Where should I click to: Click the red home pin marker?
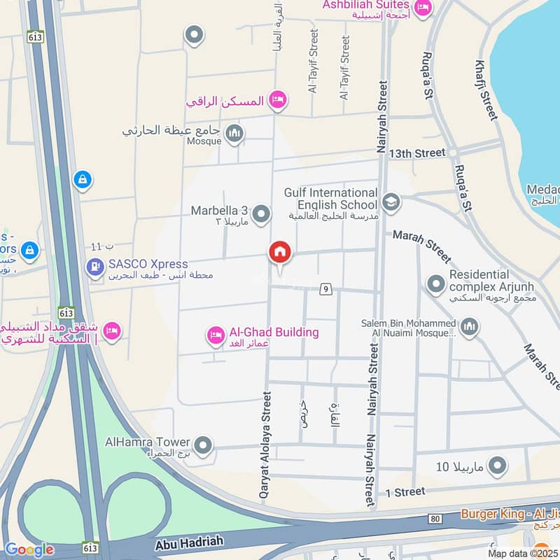point(279,252)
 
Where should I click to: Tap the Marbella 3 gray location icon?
point(261,214)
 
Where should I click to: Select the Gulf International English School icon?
point(391,203)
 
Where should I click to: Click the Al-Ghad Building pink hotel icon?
point(216,336)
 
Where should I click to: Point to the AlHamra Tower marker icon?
point(203,444)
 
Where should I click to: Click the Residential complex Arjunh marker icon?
point(436,283)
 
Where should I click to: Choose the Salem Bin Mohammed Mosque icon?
point(469,326)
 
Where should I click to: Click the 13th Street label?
point(417,153)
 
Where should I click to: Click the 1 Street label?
point(405,492)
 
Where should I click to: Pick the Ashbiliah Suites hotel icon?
point(423,8)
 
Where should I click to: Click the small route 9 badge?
point(325,288)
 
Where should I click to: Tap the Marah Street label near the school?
point(421,246)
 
